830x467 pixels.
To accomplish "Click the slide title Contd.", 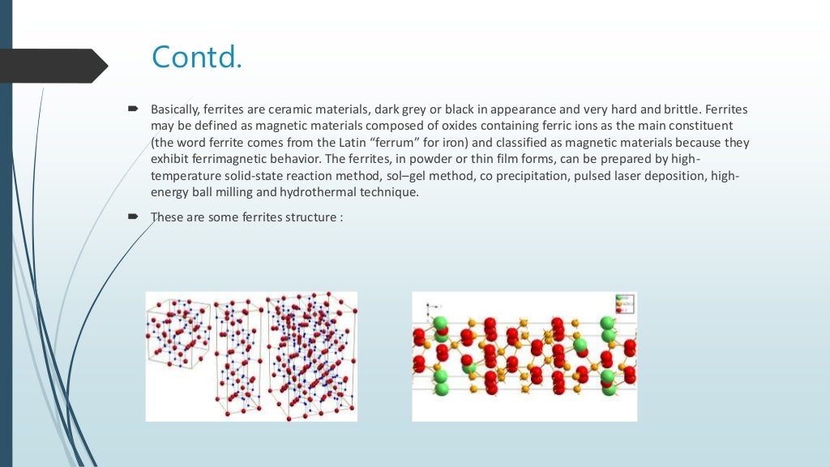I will [196, 57].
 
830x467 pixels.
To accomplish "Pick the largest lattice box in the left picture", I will [312, 357].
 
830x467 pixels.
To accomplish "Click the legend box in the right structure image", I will [625, 304].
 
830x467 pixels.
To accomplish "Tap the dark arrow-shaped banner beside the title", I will [53, 66].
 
